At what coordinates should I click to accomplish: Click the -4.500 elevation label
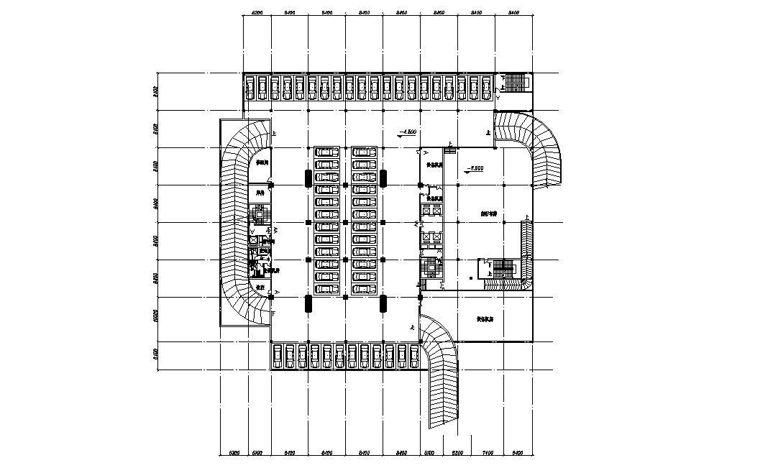click(409, 132)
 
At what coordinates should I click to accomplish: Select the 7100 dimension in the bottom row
click(487, 453)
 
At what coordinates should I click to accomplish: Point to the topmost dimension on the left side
click(155, 91)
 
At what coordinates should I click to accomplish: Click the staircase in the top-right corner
click(516, 82)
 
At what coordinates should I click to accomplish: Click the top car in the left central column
click(327, 152)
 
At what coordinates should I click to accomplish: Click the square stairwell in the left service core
click(259, 215)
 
